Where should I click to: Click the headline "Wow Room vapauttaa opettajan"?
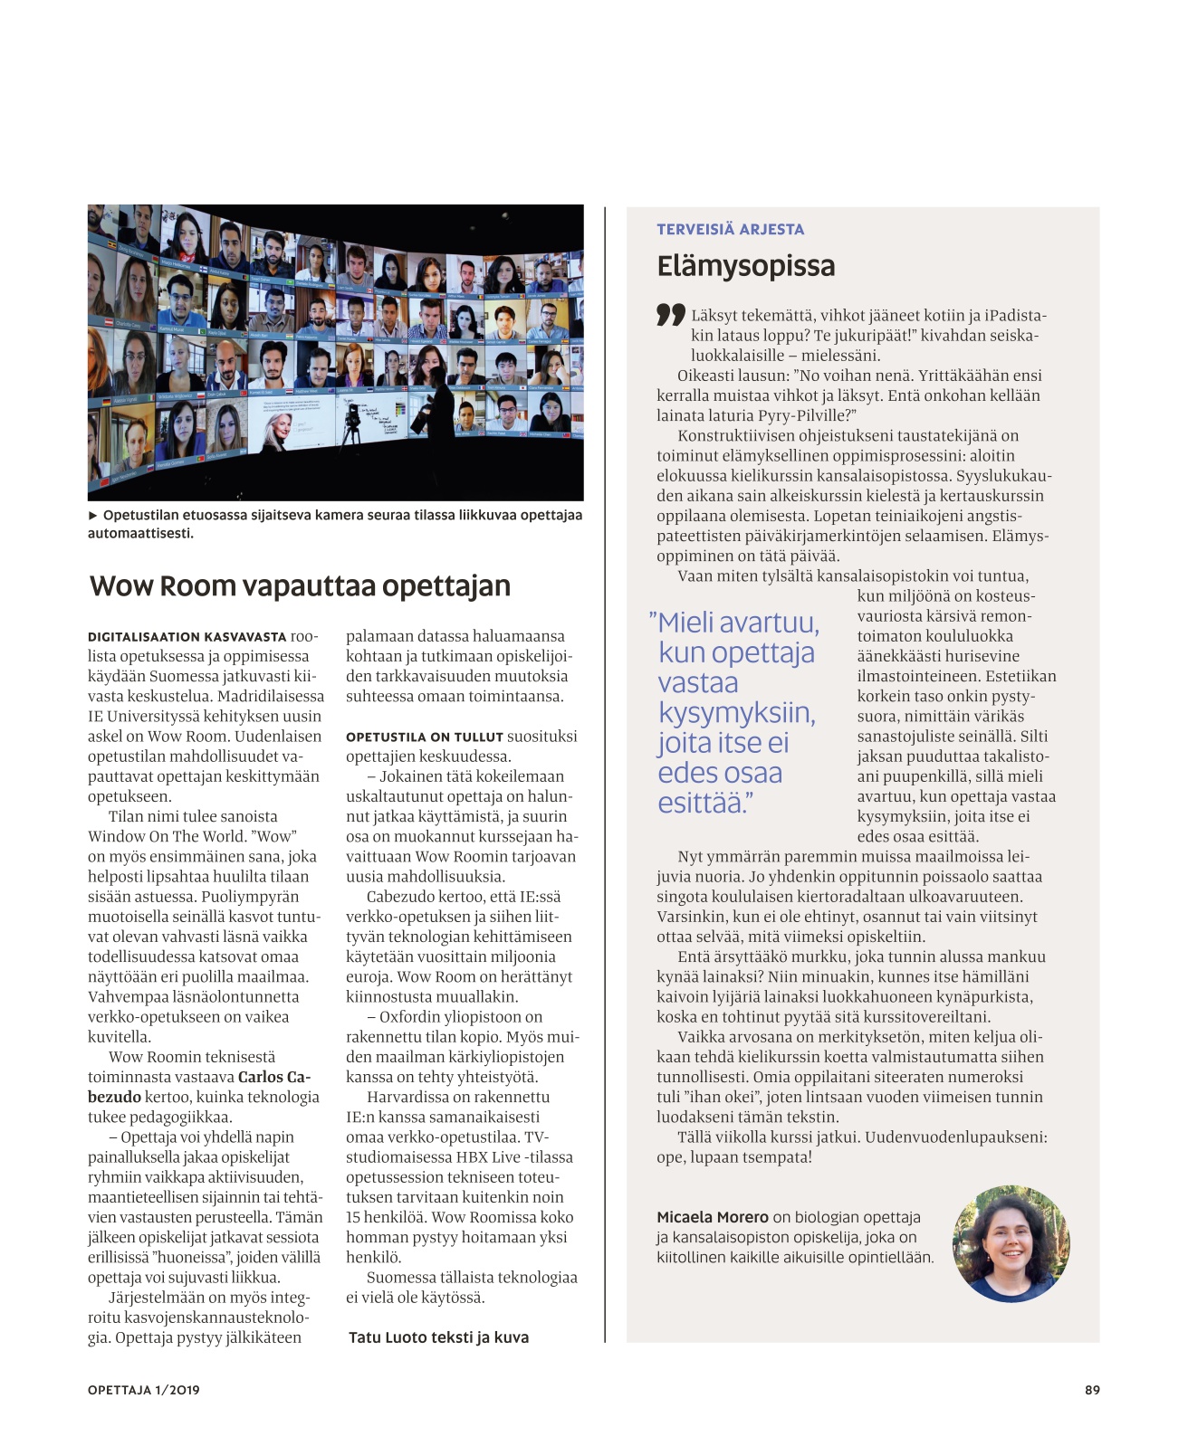pos(300,586)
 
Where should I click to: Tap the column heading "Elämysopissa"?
pos(746,266)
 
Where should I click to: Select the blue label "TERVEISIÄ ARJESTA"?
pos(730,230)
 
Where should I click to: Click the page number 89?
pos(1092,1390)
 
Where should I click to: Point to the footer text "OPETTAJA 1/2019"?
pos(143,1390)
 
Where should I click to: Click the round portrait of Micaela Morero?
pos(1011,1243)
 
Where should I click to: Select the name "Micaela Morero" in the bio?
pos(712,1217)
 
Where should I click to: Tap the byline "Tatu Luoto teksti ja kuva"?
pos(438,1337)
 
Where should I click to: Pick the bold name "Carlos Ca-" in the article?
pos(274,1077)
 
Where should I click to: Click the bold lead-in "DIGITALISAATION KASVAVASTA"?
pos(187,637)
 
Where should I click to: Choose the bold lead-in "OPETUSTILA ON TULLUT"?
pos(424,737)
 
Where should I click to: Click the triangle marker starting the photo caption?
pos(92,515)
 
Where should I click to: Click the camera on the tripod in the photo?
pos(352,417)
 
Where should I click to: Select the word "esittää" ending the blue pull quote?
pos(701,803)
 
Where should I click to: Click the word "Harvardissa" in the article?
pos(408,1097)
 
